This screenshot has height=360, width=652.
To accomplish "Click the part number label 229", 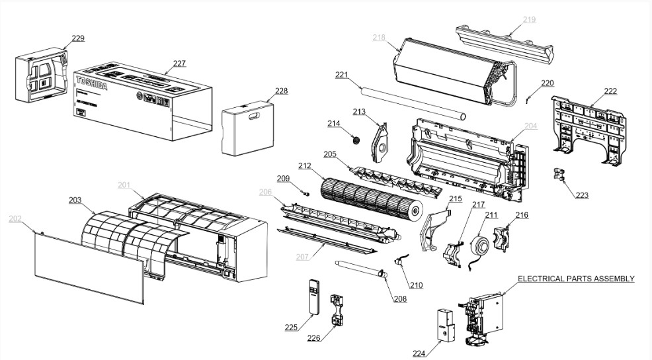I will pyautogui.click(x=78, y=38).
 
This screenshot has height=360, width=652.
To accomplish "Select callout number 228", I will pyautogui.click(x=282, y=91).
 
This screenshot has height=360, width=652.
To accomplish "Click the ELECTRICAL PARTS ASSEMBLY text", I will pyautogui.click(x=576, y=279).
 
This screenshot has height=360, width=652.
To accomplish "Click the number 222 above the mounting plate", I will pyautogui.click(x=610, y=91).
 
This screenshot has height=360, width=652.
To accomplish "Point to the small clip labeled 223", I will pyautogui.click(x=561, y=175).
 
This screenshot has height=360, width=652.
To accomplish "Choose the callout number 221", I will pyautogui.click(x=341, y=75).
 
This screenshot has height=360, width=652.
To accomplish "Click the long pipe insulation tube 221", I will pyautogui.click(x=410, y=101).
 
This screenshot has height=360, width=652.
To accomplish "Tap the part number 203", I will pyautogui.click(x=75, y=199).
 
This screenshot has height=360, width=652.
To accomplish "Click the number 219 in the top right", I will pyautogui.click(x=529, y=19).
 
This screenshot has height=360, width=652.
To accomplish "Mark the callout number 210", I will pyautogui.click(x=416, y=285).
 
